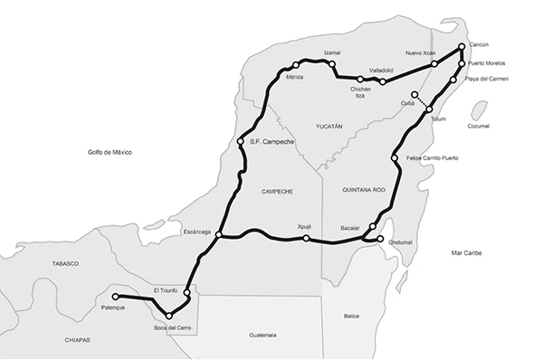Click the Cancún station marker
[462, 46]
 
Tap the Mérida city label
[294, 77]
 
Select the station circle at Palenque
[115, 296]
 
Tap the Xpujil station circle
[307, 239]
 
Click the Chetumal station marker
[380, 240]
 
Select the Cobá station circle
[414, 95]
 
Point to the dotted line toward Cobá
[423, 102]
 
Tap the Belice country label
[352, 316]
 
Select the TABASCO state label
[66, 263]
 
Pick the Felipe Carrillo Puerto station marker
[395, 159]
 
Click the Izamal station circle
[333, 65]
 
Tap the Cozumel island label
[477, 126]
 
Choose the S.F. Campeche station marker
[240, 142]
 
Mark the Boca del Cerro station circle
[169, 316]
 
